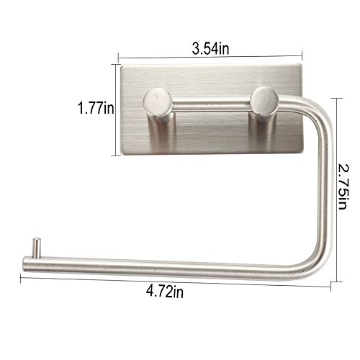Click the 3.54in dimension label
210,48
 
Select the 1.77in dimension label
96,108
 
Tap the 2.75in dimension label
343,186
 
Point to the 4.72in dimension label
165,292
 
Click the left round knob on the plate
158,102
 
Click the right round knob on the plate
264,100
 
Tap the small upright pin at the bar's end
37,248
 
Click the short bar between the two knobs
212,106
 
